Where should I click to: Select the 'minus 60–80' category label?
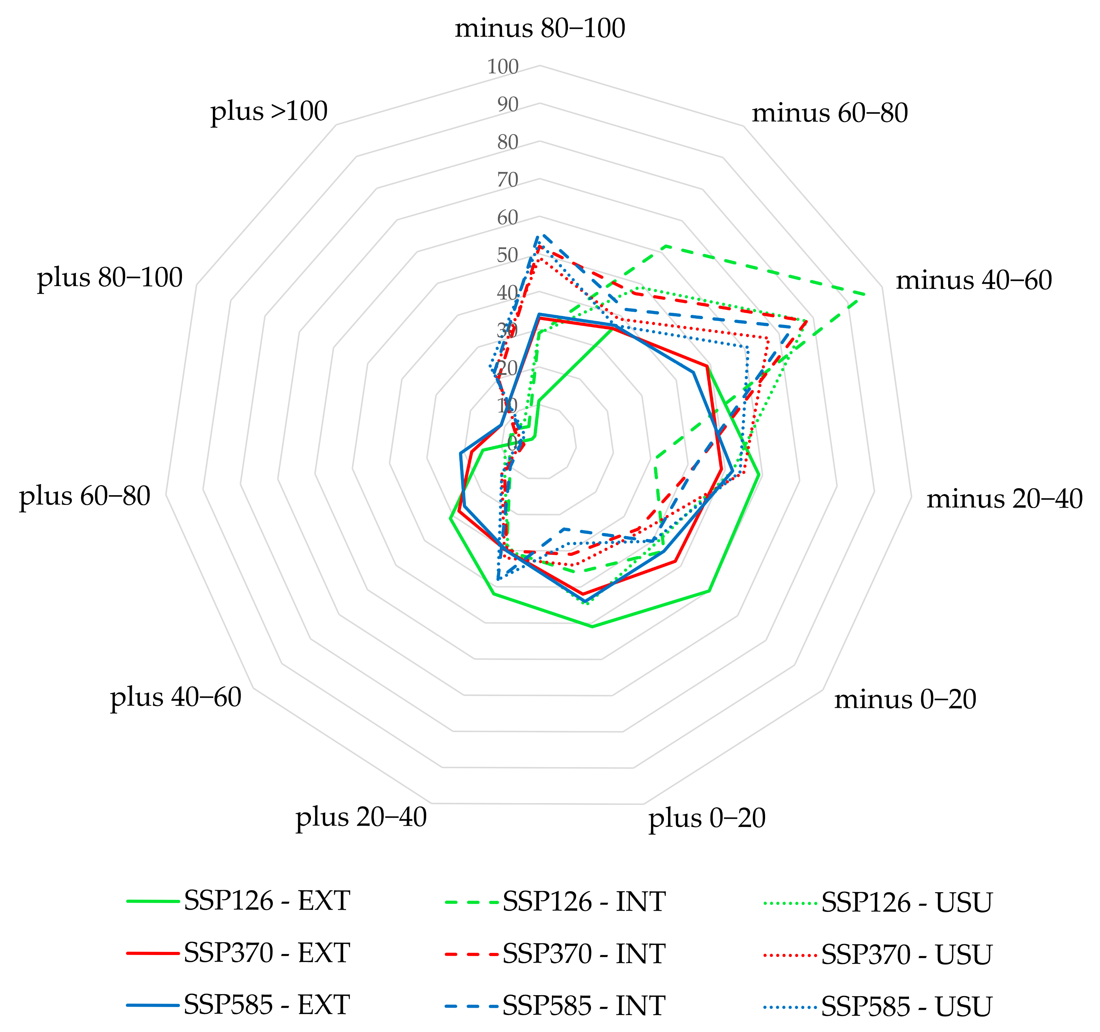830,113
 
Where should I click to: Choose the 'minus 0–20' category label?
905,700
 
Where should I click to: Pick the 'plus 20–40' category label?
361,817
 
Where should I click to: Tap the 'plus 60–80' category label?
85,496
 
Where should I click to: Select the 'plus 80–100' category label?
110,278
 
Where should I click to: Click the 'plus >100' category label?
269,112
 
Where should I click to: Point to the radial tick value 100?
502,68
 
